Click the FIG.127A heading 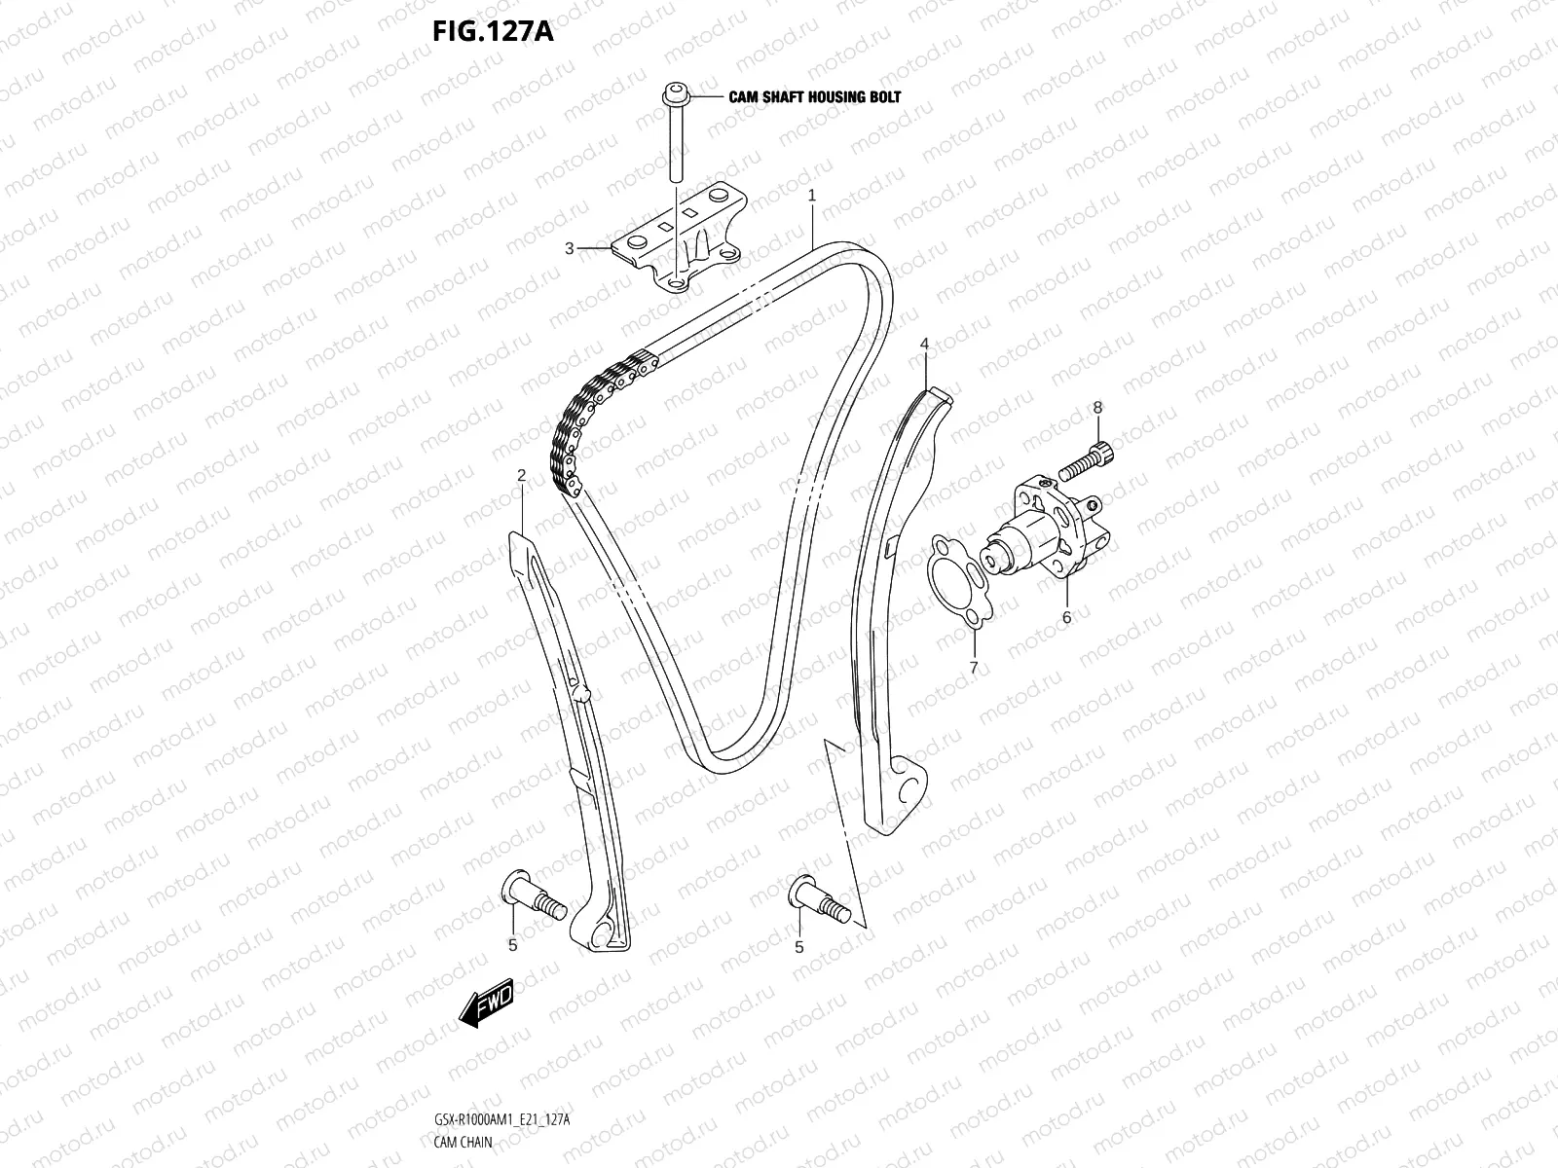tap(493, 32)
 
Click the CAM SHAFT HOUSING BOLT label tap(815, 96)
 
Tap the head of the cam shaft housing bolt tap(674, 95)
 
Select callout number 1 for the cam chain tap(812, 196)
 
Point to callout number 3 tap(570, 248)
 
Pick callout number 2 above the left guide tap(522, 475)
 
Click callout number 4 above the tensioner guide tap(925, 344)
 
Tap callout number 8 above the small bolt tap(1097, 407)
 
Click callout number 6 tap(1066, 617)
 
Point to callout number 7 tap(973, 667)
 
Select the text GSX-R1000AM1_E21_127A tap(501, 1121)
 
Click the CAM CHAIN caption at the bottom tap(463, 1143)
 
